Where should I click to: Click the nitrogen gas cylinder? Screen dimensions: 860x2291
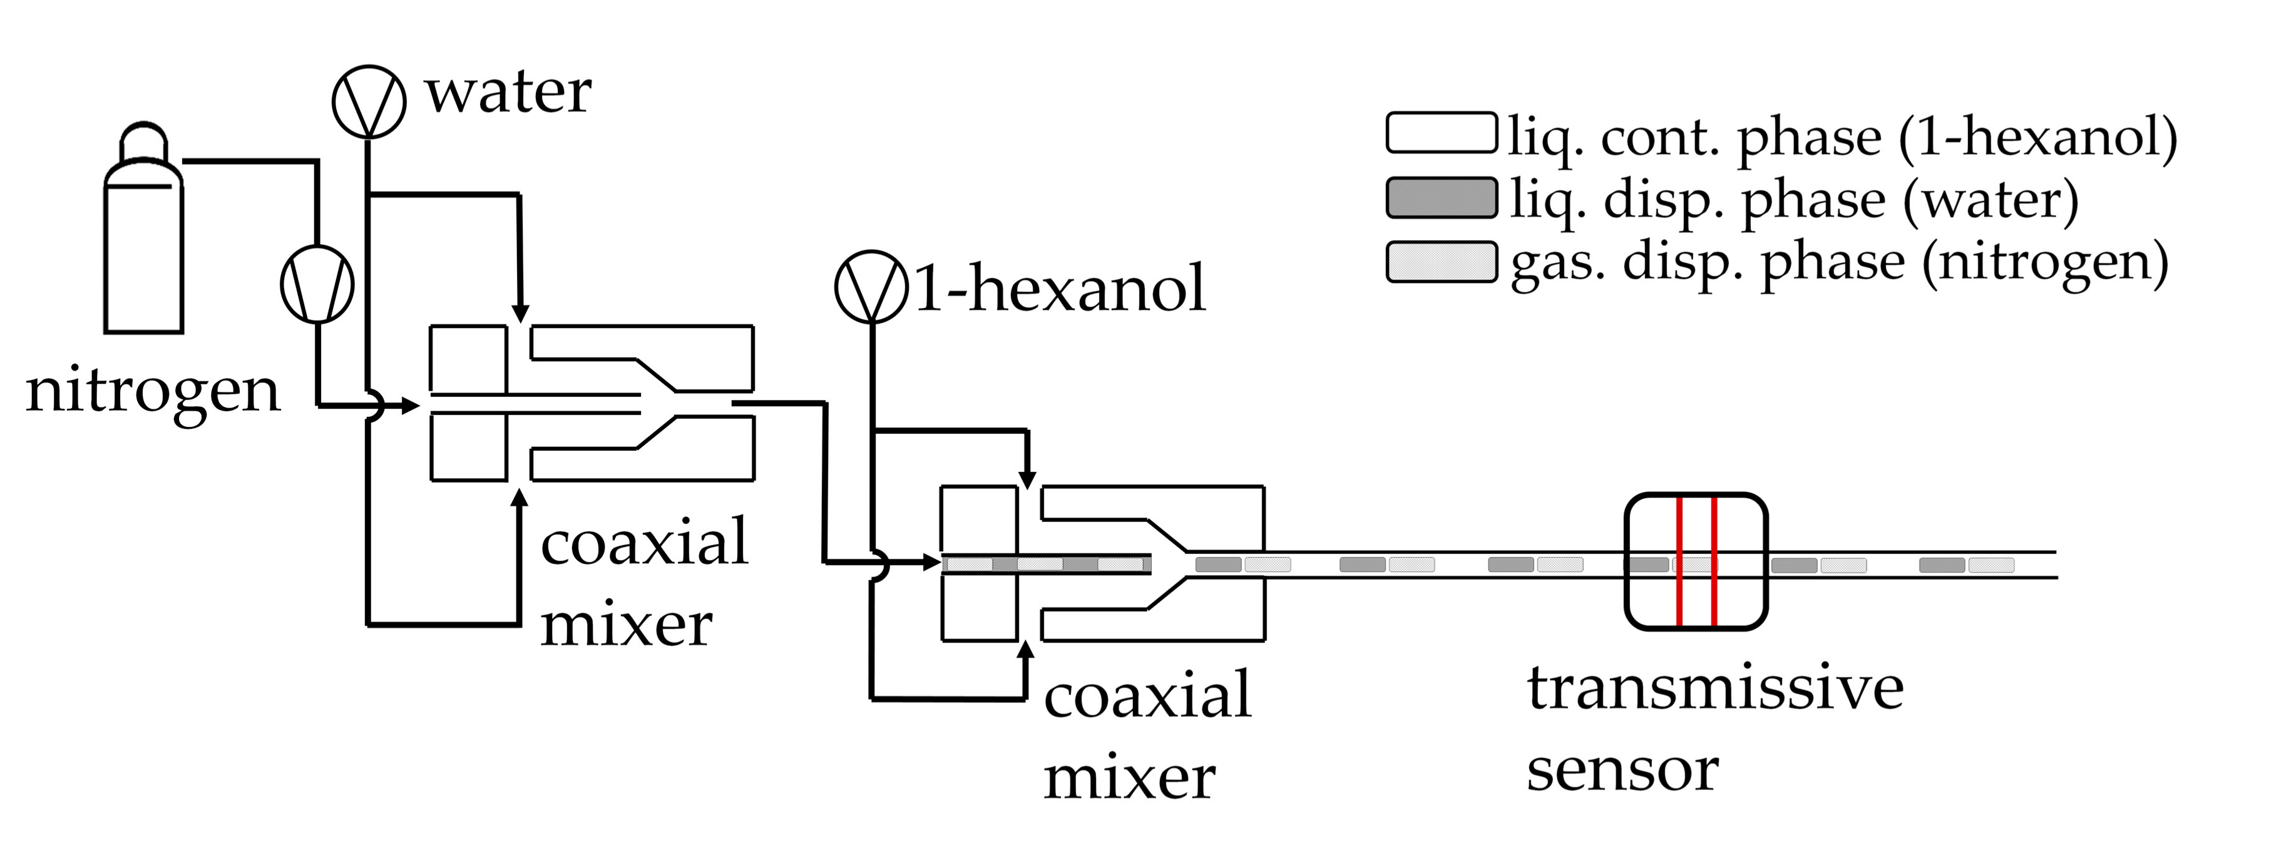143,240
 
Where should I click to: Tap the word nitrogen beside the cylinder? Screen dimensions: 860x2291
153,391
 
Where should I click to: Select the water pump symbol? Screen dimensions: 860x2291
369,101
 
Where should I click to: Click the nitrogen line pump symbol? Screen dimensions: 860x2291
317,284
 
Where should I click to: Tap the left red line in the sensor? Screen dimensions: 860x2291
1679,561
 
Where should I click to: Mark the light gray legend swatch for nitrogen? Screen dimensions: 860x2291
1441,262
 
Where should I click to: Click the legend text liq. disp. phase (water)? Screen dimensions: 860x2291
1794,200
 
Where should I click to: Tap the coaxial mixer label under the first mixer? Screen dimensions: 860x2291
644,583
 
